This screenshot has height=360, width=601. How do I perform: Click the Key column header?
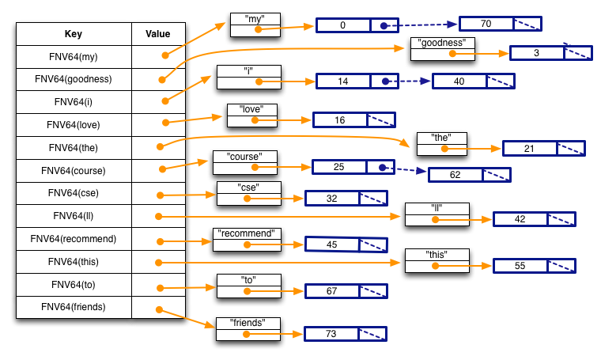point(73,34)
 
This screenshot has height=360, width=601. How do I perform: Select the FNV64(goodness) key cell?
point(73,79)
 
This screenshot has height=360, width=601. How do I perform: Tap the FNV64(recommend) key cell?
point(73,239)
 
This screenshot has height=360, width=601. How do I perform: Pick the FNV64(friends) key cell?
point(73,307)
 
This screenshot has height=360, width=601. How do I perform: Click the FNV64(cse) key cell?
point(73,193)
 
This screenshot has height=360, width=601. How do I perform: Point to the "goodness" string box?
point(442,49)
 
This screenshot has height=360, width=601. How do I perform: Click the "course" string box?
point(244,161)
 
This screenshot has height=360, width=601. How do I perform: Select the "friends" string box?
point(248,328)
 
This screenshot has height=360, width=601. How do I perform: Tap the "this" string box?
point(437,260)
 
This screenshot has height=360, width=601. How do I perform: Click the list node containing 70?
point(500,25)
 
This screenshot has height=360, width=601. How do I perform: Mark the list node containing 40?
point(473,81)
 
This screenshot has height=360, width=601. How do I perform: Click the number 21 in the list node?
point(529,149)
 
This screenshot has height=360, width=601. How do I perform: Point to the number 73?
point(331,335)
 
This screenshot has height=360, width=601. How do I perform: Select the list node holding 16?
point(353,120)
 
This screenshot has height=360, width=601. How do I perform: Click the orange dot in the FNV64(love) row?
point(166,122)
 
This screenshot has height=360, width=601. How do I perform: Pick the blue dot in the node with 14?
point(384,81)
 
